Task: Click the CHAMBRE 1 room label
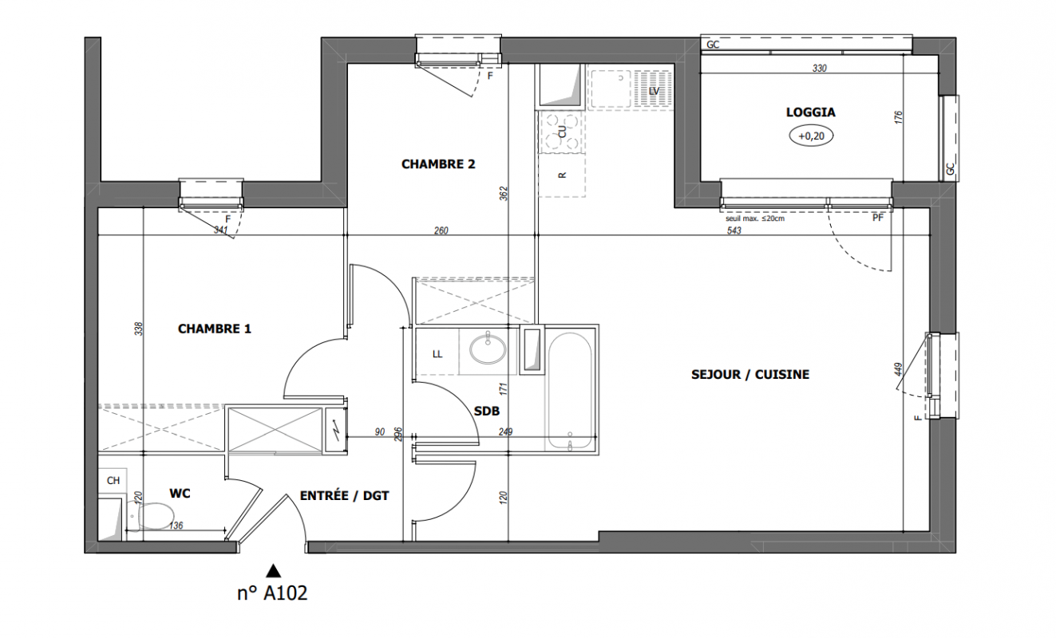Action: coord(215,329)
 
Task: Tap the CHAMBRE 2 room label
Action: coord(438,164)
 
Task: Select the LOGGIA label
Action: coord(810,112)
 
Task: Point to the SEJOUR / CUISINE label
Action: coord(750,375)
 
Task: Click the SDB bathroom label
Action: coord(487,412)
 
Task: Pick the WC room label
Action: coord(180,494)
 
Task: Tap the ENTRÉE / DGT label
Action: coord(344,495)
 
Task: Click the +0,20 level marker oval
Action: coord(811,136)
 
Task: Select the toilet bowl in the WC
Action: coord(150,516)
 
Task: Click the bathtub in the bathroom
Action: coord(569,391)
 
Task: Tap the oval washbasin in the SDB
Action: coord(488,349)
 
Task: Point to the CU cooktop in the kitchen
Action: coord(562,132)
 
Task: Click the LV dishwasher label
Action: coord(654,91)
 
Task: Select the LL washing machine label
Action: coord(437,354)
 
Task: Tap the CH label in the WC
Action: coord(113,481)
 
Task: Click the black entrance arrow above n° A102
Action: coord(274,571)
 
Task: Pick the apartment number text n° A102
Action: coord(272,593)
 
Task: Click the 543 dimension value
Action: coord(734,230)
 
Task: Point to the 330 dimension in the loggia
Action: coord(820,69)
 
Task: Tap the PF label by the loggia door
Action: coord(877,219)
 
